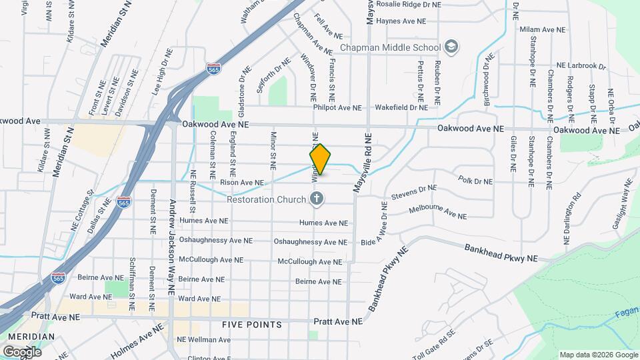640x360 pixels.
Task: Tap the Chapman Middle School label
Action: point(390,47)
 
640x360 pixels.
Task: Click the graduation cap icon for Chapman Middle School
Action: point(451,47)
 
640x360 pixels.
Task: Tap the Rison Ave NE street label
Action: point(241,182)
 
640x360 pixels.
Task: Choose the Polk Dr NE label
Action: point(475,181)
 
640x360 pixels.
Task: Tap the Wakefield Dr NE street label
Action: point(401,107)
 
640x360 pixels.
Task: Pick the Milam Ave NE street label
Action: point(542,31)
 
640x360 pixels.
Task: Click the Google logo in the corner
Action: point(22,351)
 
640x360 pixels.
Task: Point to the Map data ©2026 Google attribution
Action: point(597,355)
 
